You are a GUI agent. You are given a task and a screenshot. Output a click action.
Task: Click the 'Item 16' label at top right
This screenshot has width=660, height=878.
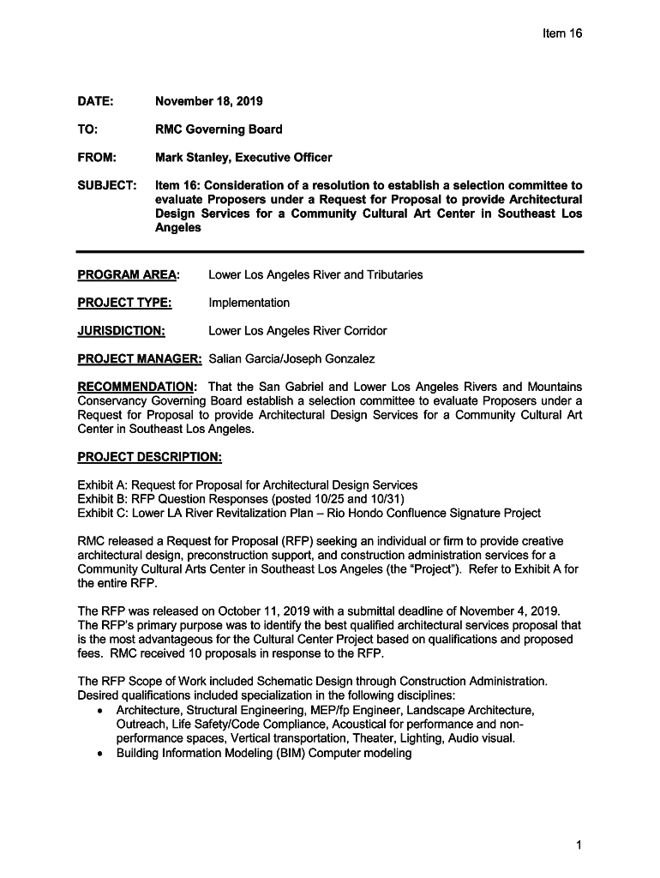click(x=561, y=33)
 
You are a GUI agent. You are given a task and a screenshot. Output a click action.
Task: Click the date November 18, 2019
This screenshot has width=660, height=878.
click(x=208, y=102)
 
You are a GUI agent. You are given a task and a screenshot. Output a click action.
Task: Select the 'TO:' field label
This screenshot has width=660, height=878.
click(x=87, y=129)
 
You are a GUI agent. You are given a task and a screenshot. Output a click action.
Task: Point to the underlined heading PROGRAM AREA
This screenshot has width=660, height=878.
click(x=128, y=275)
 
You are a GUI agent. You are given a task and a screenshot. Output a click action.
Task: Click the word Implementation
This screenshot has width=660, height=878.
click(x=249, y=303)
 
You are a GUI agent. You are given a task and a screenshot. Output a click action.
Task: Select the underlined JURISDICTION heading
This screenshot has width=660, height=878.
click(x=121, y=331)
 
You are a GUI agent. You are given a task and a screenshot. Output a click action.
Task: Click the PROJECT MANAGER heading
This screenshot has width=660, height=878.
click(x=140, y=358)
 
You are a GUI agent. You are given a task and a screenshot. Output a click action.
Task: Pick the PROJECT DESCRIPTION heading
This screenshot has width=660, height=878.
click(x=150, y=457)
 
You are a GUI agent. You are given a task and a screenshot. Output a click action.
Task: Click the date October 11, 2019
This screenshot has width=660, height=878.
click(x=263, y=610)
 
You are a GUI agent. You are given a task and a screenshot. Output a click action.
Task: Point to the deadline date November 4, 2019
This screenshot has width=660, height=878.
click(x=510, y=610)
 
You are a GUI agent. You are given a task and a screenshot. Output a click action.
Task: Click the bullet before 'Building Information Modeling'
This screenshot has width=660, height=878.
click(x=102, y=754)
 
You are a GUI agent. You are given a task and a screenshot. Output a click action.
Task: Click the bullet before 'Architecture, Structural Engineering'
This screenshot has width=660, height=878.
click(x=102, y=711)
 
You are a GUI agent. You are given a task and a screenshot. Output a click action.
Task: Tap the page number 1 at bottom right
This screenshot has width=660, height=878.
click(x=579, y=846)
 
